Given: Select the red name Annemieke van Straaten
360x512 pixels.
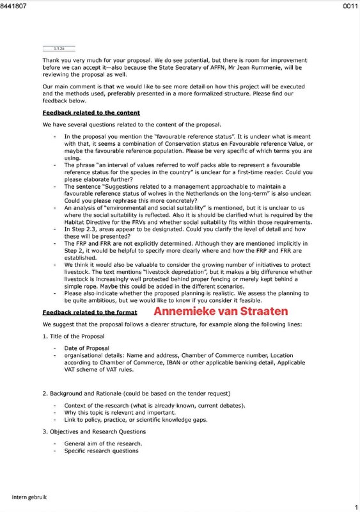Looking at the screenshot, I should [221, 312].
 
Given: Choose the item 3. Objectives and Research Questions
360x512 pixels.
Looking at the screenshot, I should [102, 431].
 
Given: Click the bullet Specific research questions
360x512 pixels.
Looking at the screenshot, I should [101, 451].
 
